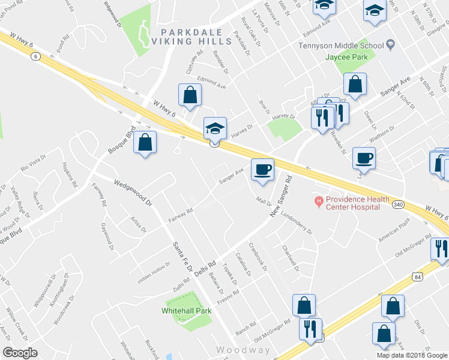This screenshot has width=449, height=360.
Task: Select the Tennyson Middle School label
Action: coord(341,46)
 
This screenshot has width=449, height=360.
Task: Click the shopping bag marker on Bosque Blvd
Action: coord(145,143)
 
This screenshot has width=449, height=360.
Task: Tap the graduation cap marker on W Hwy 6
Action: coord(215,128)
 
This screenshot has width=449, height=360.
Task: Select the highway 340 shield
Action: coord(397,205)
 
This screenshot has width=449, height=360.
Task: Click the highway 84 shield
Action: coord(417,276)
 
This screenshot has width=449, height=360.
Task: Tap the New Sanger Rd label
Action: coord(280,196)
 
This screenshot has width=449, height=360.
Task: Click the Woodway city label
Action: coord(243,350)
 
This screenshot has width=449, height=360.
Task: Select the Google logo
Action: coord(20,352)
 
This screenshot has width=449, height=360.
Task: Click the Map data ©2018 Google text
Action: coord(411,355)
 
